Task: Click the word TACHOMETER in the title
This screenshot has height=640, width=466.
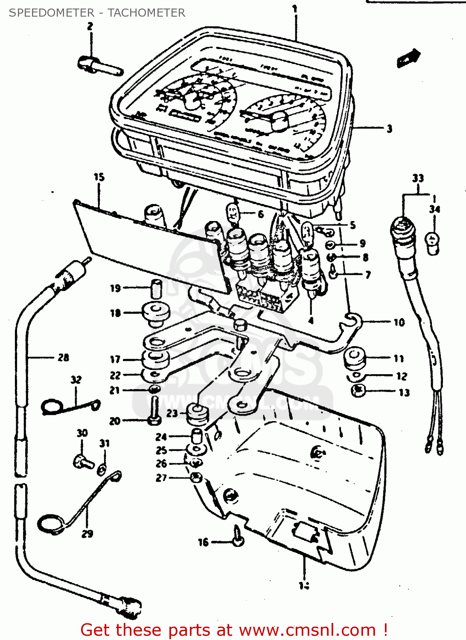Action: [x=146, y=13]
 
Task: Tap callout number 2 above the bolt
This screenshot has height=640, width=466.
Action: [x=90, y=26]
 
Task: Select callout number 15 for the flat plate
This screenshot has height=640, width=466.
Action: [x=99, y=177]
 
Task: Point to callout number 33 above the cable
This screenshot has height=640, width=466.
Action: [x=418, y=178]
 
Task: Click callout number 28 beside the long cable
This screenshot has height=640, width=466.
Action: [x=63, y=358]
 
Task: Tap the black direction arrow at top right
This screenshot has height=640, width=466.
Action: [x=408, y=58]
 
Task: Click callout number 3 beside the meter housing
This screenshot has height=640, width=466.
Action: [x=389, y=128]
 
